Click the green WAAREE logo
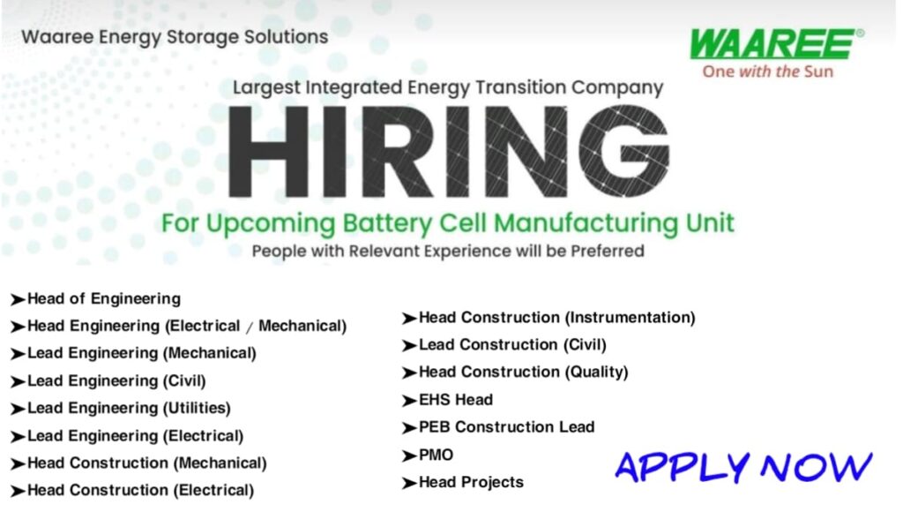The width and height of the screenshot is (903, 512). click(x=772, y=44)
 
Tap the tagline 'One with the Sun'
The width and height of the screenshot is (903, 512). click(x=767, y=71)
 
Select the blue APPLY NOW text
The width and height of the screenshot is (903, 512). click(x=743, y=466)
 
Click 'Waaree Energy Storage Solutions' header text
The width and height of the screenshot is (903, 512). click(x=175, y=37)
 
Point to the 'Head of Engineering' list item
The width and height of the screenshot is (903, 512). click(x=103, y=298)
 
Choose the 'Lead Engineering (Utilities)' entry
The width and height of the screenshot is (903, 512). click(x=129, y=408)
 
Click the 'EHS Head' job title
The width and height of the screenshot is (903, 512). click(x=455, y=400)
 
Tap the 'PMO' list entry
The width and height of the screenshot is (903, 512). click(x=436, y=456)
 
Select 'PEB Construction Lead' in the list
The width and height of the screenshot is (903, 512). click(x=506, y=427)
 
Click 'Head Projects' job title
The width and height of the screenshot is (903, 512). click(x=471, y=482)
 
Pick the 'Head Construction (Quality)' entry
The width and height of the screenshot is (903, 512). click(x=523, y=373)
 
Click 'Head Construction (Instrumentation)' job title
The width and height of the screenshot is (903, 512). click(x=556, y=317)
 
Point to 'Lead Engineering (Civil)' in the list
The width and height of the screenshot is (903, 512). click(x=116, y=380)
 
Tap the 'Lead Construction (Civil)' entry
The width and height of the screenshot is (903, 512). click(x=512, y=344)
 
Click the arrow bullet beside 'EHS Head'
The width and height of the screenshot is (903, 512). click(x=409, y=401)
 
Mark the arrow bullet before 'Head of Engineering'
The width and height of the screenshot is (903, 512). click(x=18, y=299)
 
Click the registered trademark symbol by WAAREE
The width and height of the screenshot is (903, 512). click(x=860, y=33)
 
